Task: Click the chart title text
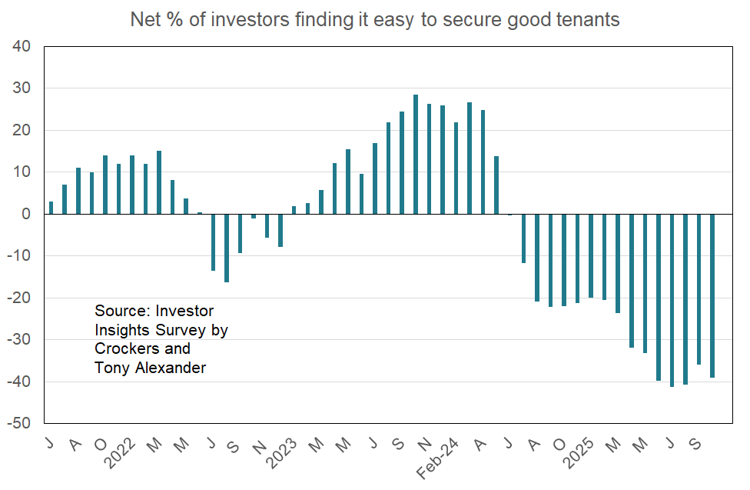click(x=374, y=20)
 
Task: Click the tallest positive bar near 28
click(x=416, y=155)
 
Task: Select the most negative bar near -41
click(x=672, y=300)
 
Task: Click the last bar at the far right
click(x=712, y=296)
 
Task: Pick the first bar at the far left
click(x=51, y=208)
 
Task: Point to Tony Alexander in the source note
click(x=150, y=368)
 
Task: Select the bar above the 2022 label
click(x=132, y=185)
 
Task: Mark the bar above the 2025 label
click(x=591, y=256)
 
